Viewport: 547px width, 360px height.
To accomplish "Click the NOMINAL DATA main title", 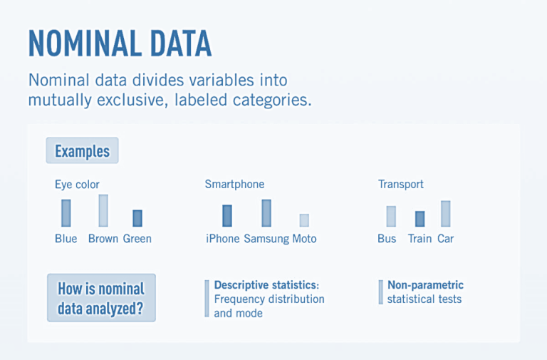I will click(120, 43).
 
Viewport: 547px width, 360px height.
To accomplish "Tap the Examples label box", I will click(82, 151).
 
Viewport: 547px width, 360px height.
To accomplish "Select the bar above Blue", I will click(66, 212).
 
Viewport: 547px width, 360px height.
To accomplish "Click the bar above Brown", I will click(103, 210).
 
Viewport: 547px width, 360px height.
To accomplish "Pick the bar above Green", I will click(137, 217).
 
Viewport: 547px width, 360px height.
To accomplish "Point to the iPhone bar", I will click(226, 215).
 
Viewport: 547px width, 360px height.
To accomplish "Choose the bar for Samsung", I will click(266, 212).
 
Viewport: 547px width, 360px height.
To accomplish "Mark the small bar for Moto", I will click(304, 220).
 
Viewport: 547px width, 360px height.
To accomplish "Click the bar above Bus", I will click(391, 216).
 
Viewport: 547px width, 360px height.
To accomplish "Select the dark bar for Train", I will click(420, 218).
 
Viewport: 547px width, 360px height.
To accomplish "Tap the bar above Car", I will click(445, 213).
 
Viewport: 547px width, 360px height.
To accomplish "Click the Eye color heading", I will click(77, 185).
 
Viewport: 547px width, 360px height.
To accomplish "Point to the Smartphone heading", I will click(234, 185).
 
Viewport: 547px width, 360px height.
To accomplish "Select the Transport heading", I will click(400, 185).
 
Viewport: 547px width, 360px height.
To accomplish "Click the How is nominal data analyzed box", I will click(100, 297).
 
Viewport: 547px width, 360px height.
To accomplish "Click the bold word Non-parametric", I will click(425, 285).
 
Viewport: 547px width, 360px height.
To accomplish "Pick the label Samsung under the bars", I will click(266, 239).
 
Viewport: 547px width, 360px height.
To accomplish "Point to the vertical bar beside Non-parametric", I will click(380, 292).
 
